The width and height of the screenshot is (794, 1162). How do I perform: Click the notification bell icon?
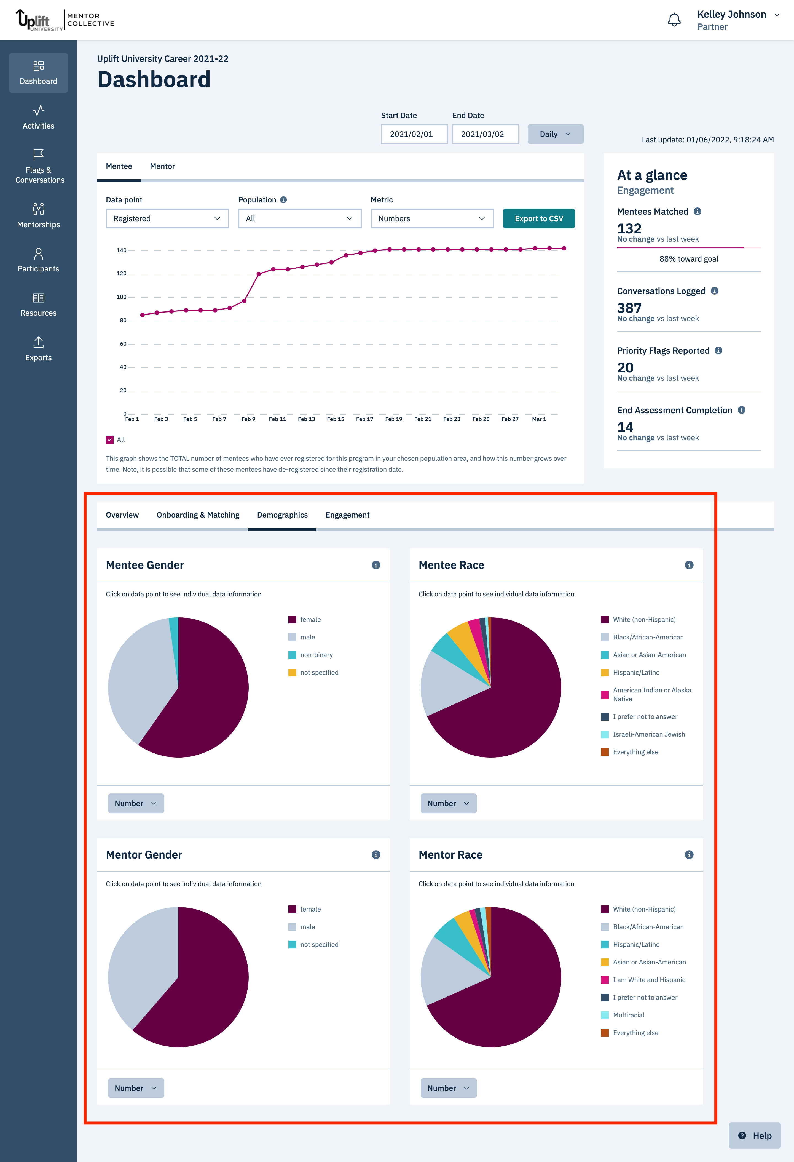[x=674, y=20]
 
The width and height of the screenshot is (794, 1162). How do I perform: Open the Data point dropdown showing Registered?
[x=167, y=218]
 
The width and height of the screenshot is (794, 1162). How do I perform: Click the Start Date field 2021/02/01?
[x=414, y=134]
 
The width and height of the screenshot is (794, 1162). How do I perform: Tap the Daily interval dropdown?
[x=555, y=134]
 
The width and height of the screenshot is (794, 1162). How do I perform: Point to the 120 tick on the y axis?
[x=121, y=273]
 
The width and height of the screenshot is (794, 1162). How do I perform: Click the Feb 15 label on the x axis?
[x=335, y=419]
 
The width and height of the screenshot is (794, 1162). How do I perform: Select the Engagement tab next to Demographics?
[x=347, y=515]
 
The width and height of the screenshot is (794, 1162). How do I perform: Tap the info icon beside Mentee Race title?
[x=689, y=565]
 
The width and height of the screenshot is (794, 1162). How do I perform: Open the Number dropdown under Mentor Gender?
[x=136, y=1088]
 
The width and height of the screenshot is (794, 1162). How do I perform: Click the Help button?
[x=755, y=1136]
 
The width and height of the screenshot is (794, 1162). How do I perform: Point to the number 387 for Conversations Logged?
[x=629, y=308]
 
